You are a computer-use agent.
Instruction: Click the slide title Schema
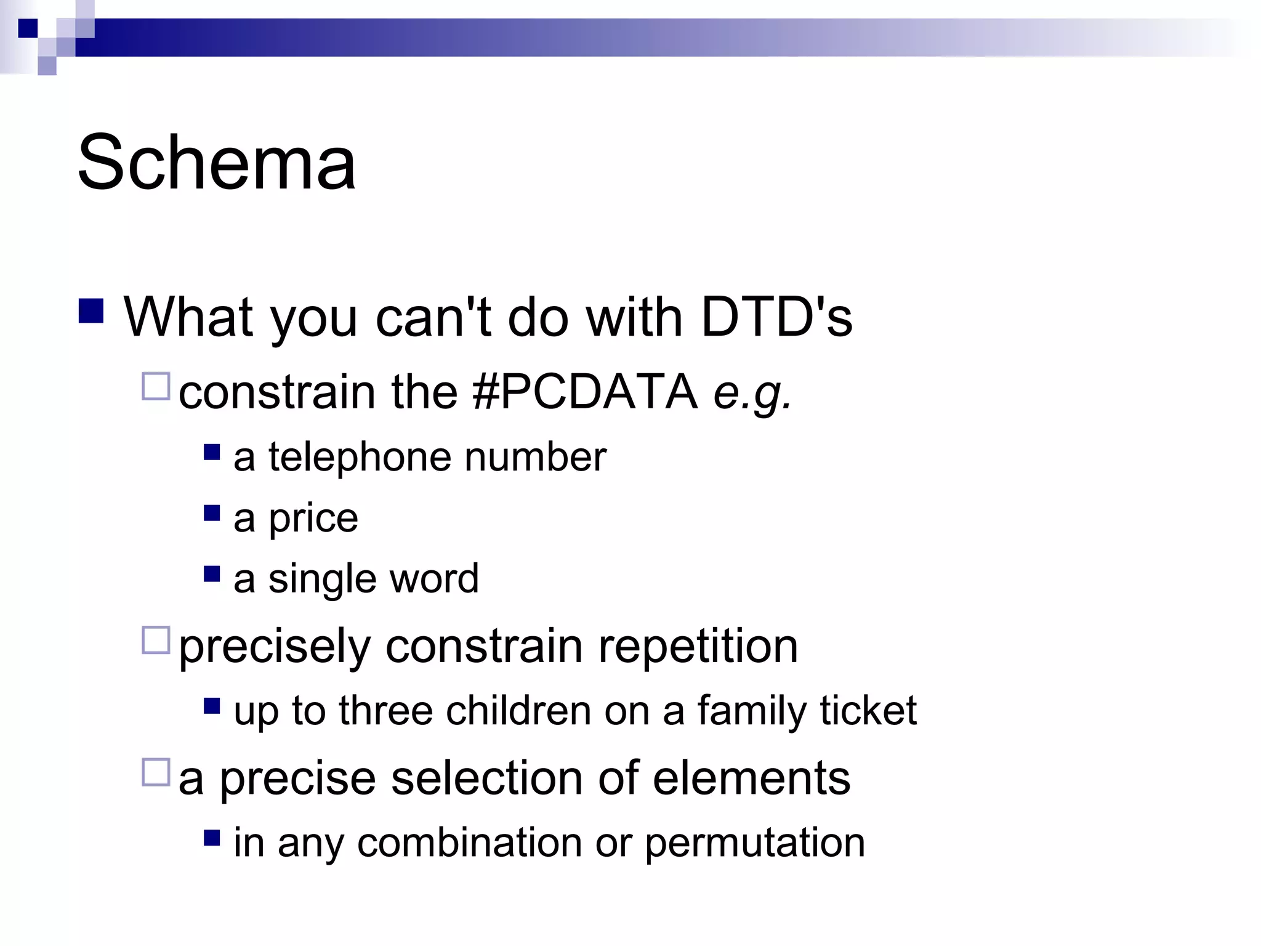point(217,163)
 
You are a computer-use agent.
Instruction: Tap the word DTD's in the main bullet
point(776,318)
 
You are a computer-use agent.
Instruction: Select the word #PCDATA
point(586,392)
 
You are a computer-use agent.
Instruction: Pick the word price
point(313,519)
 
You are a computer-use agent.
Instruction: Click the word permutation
point(755,843)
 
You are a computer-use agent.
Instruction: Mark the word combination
point(469,843)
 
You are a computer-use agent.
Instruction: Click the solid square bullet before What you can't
point(91,311)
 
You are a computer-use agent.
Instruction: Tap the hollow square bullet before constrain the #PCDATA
point(156,387)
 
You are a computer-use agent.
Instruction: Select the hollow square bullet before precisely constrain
point(156,640)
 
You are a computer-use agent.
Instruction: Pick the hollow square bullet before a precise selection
point(156,772)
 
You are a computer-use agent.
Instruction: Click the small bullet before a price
point(212,513)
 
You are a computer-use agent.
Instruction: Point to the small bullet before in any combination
point(212,838)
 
